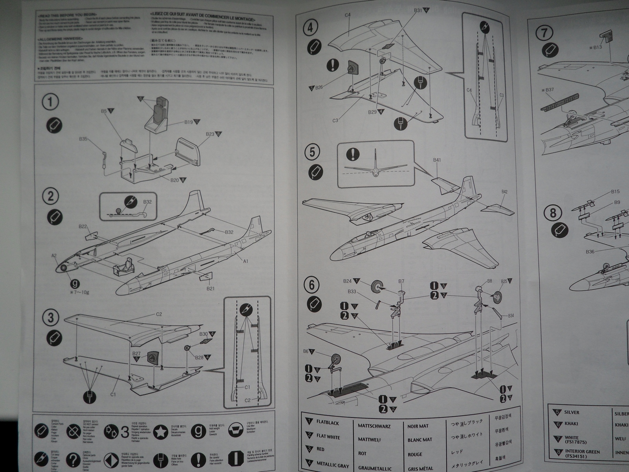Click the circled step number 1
(50, 102)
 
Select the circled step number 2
(50, 196)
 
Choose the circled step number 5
(313, 152)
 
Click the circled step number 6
(312, 285)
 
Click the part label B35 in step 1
(83, 139)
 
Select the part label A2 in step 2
(54, 255)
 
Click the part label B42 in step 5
(504, 192)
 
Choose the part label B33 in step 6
(352, 291)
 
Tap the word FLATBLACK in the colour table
(327, 422)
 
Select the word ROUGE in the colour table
(414, 454)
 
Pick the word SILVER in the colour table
(571, 412)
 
